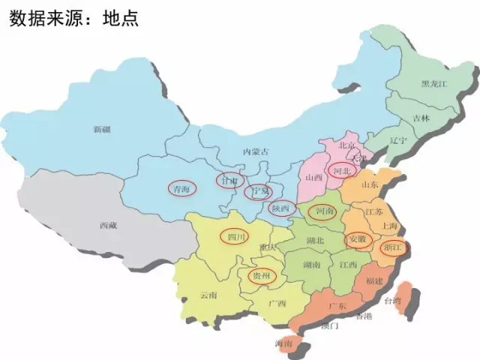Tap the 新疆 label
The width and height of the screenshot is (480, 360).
pos(102,130)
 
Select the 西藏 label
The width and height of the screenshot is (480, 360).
pos(108,224)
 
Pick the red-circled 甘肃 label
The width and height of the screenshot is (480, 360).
pos(229,181)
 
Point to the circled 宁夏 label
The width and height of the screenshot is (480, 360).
pos(259,192)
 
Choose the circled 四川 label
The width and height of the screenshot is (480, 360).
pos(236,236)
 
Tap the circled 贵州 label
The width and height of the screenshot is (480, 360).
pos(262,276)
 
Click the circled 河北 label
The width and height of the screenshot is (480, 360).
pos(343,172)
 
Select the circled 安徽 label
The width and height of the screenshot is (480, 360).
pos(358,239)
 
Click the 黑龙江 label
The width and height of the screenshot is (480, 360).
pos(434,83)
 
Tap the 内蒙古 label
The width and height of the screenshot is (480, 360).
pos(256,151)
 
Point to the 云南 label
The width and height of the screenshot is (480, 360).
pos(209,295)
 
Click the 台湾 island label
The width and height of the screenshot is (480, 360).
pos(393,301)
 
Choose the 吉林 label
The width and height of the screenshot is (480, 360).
pos(421,118)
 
